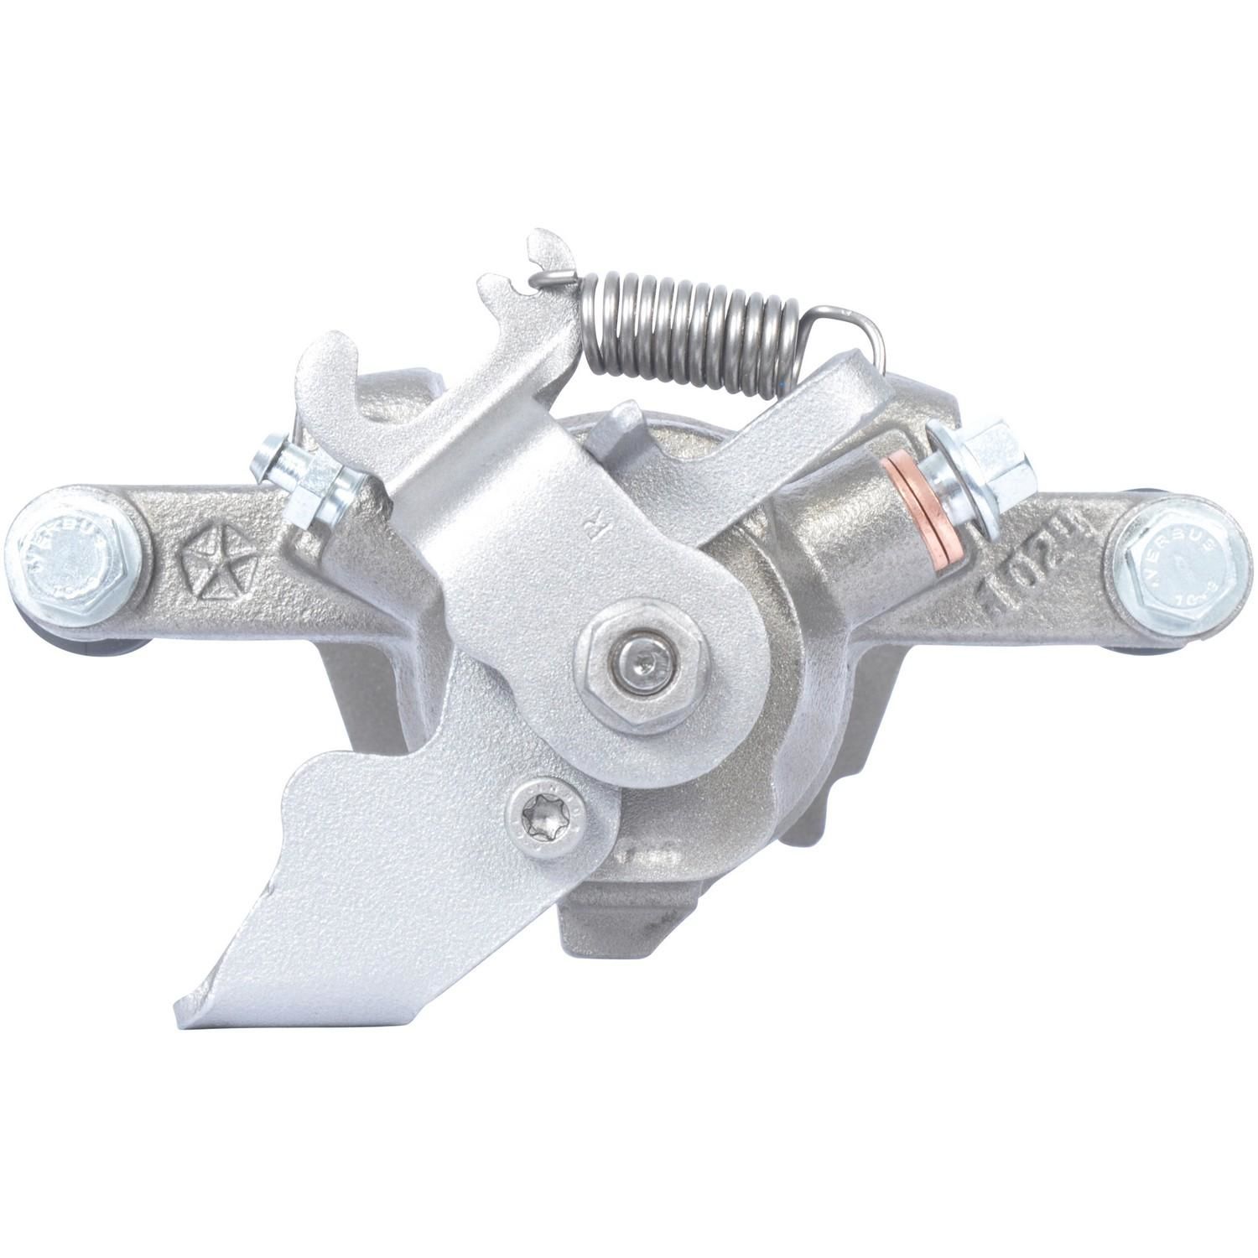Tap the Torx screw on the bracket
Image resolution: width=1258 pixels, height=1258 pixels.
tap(546, 813)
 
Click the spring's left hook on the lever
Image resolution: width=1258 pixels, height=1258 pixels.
tap(551, 274)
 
